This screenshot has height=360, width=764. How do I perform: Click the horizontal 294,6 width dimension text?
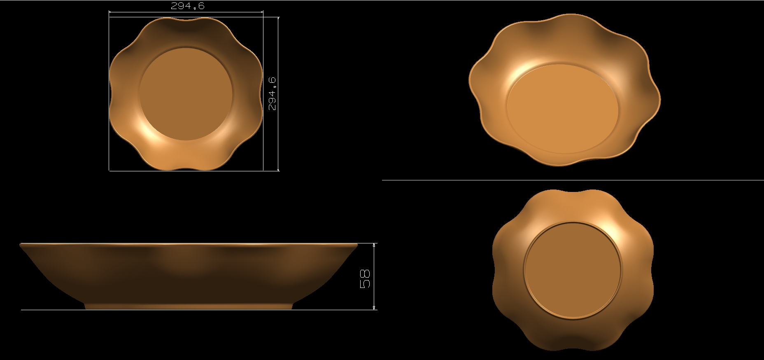187,6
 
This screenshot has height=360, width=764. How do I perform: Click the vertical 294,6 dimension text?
272,94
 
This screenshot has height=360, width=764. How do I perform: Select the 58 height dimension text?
365,279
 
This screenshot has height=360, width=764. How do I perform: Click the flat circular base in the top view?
186,94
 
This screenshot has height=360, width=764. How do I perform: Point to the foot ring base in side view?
189,306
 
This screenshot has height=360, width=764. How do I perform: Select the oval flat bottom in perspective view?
562,109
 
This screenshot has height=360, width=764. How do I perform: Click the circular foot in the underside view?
572,270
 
